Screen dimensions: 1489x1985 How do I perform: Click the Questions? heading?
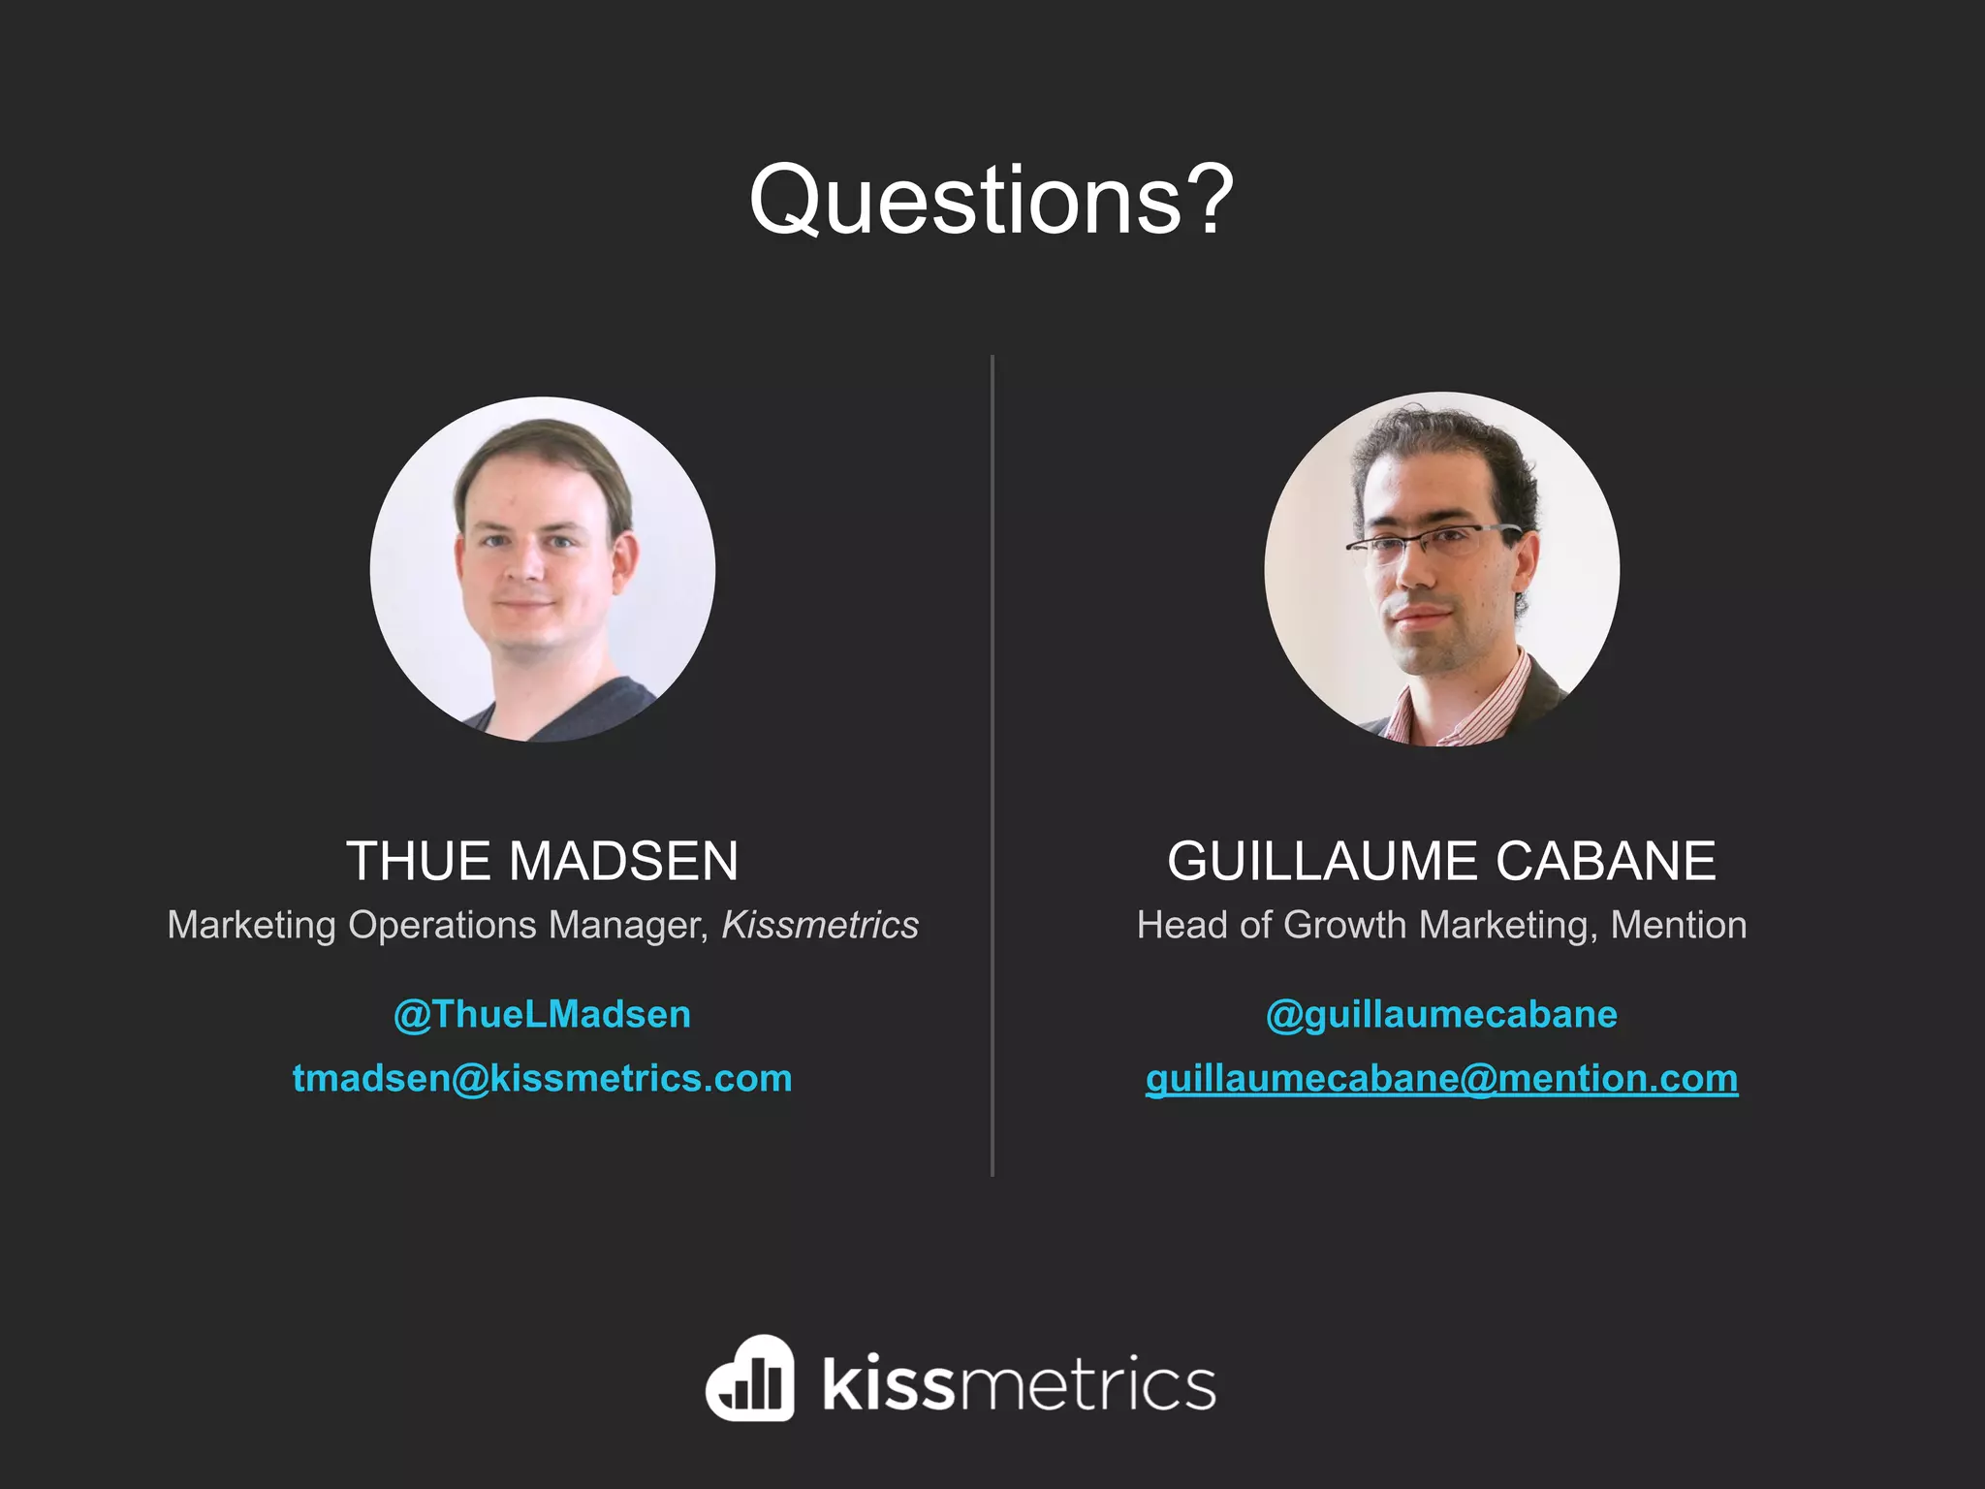(991, 200)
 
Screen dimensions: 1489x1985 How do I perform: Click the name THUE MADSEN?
(543, 861)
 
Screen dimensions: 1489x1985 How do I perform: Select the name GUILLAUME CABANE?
(1441, 861)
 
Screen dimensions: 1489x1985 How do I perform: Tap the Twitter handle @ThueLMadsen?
(543, 1015)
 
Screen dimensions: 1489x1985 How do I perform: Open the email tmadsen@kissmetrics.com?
(543, 1079)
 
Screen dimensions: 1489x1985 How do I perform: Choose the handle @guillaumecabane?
(1441, 1015)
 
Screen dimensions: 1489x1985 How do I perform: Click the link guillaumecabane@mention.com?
(1441, 1079)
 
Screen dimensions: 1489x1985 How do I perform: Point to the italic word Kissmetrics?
(820, 925)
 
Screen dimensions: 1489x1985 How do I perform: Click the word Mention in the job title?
(1679, 925)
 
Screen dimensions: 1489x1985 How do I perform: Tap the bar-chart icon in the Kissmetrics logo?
(750, 1378)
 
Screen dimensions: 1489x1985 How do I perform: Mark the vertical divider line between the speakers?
(992, 766)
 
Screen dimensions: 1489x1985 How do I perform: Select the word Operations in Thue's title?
(442, 925)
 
